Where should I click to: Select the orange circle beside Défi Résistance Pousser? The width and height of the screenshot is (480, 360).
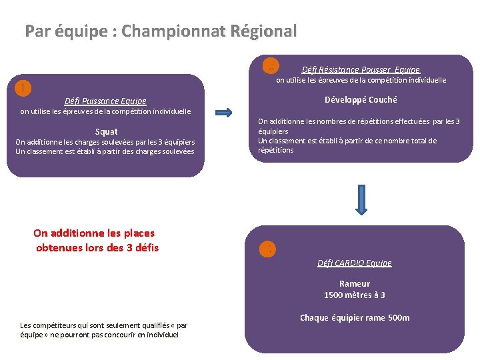point(271,65)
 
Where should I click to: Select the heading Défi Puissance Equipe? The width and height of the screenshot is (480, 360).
point(105,101)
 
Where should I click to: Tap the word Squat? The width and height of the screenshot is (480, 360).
point(107,132)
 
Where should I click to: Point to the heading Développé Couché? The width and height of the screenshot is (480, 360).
point(361,100)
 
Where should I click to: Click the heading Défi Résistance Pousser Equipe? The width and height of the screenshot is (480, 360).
point(361,69)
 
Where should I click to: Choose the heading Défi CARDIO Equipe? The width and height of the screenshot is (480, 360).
point(355,263)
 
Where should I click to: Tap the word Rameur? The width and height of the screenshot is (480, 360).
point(355,284)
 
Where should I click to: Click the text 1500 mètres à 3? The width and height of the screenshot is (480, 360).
point(355,295)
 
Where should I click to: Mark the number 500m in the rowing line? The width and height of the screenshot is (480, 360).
point(399,318)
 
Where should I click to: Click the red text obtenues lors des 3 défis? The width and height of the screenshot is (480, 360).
point(97,248)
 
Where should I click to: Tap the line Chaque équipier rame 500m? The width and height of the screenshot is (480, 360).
point(355,318)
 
